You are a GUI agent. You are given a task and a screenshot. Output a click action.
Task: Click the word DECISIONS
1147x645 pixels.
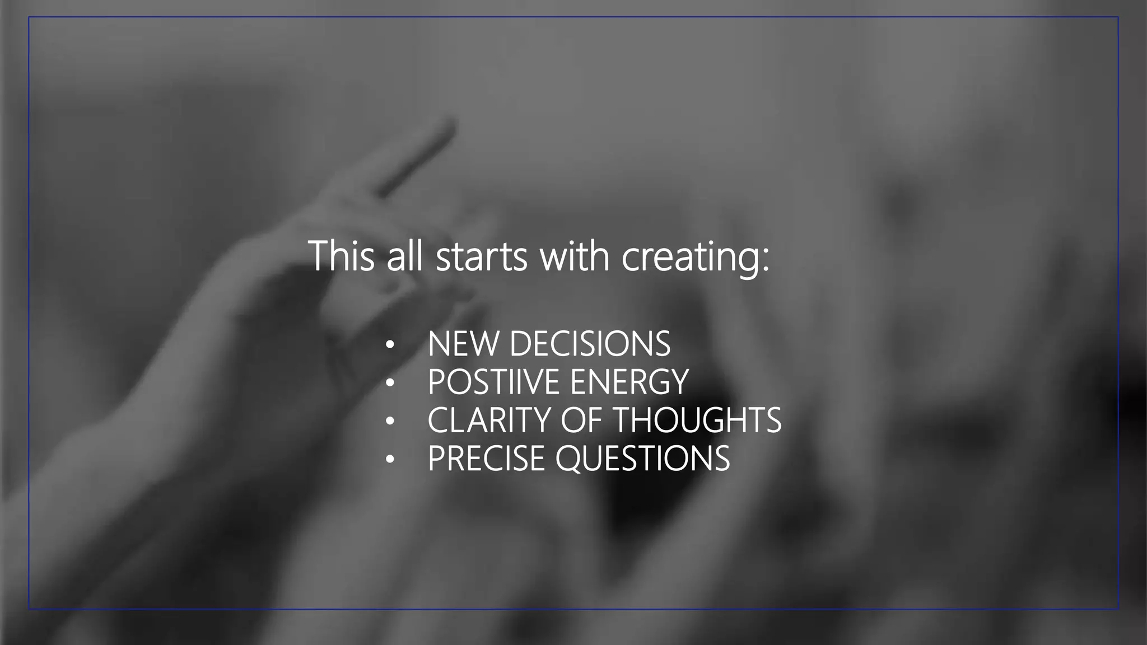pos(590,344)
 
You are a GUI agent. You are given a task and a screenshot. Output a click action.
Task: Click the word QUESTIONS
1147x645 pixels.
pos(643,459)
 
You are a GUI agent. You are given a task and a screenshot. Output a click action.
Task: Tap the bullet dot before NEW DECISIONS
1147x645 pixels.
pos(390,345)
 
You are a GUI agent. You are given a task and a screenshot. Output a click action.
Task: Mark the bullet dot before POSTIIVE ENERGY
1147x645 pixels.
pos(390,384)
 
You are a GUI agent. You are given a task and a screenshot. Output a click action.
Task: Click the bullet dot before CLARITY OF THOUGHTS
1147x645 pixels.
pos(390,422)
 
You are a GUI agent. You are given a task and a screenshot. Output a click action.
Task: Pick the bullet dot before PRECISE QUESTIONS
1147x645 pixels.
pos(390,460)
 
